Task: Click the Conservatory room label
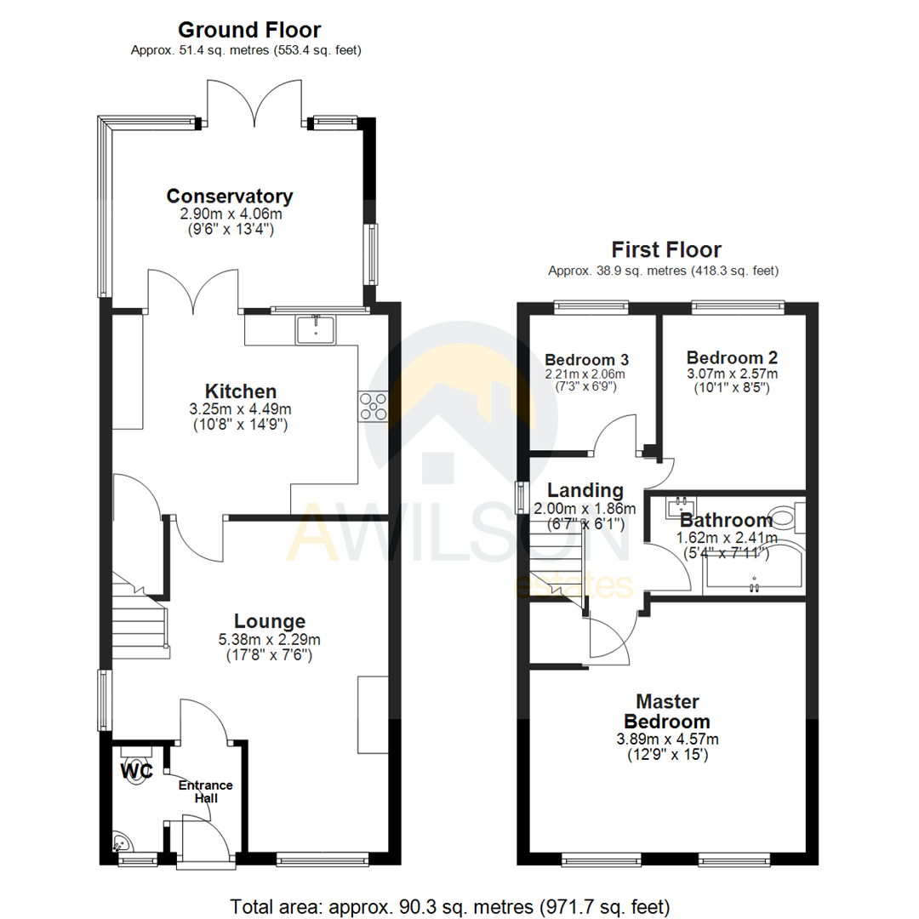coord(230,196)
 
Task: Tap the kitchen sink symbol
coord(317,329)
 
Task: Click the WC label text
coord(136,771)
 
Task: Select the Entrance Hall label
coord(205,791)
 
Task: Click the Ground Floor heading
coord(248,30)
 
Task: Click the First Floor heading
coord(666,249)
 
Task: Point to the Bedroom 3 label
coord(586,358)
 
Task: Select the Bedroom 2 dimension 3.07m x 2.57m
coord(732,374)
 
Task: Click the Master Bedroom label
coord(667,711)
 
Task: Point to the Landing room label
coord(585,490)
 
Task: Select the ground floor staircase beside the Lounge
coord(140,625)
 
